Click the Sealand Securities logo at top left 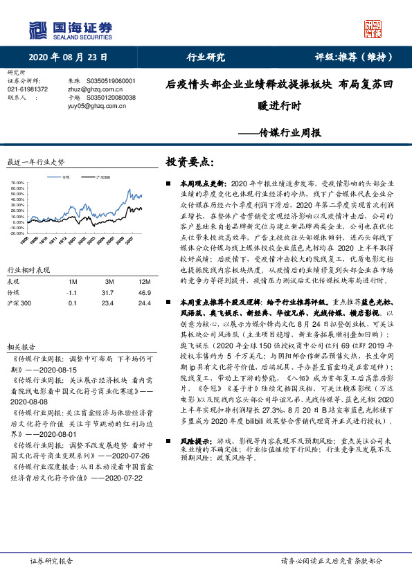[69, 30]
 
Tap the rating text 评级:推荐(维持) [351, 57]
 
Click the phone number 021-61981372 [28, 89]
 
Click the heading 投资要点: [190, 162]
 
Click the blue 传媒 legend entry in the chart [63, 177]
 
